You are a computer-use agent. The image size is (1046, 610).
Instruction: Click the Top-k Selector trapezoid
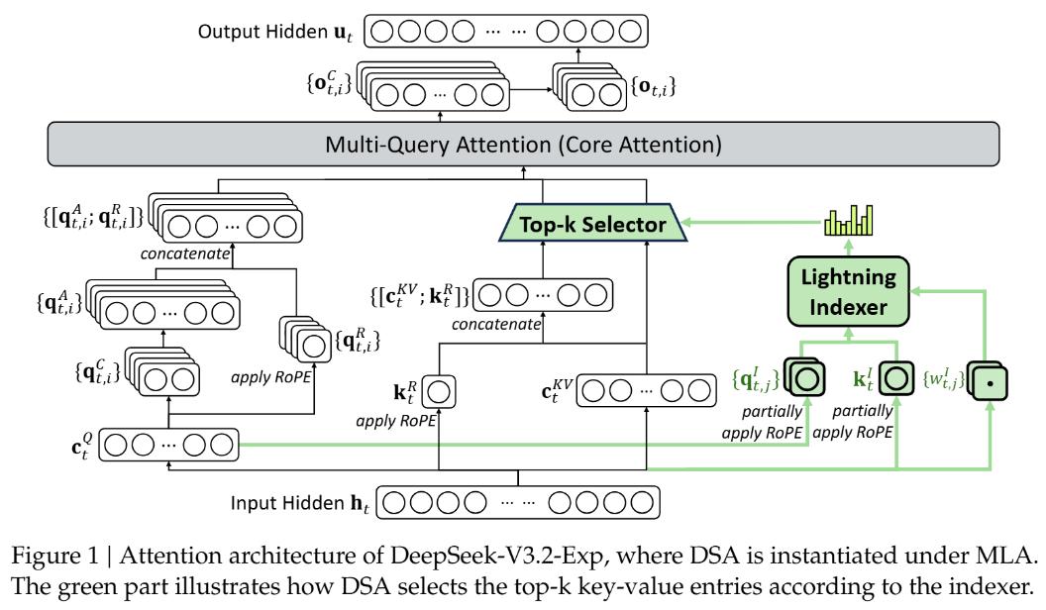pyautogui.click(x=591, y=227)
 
